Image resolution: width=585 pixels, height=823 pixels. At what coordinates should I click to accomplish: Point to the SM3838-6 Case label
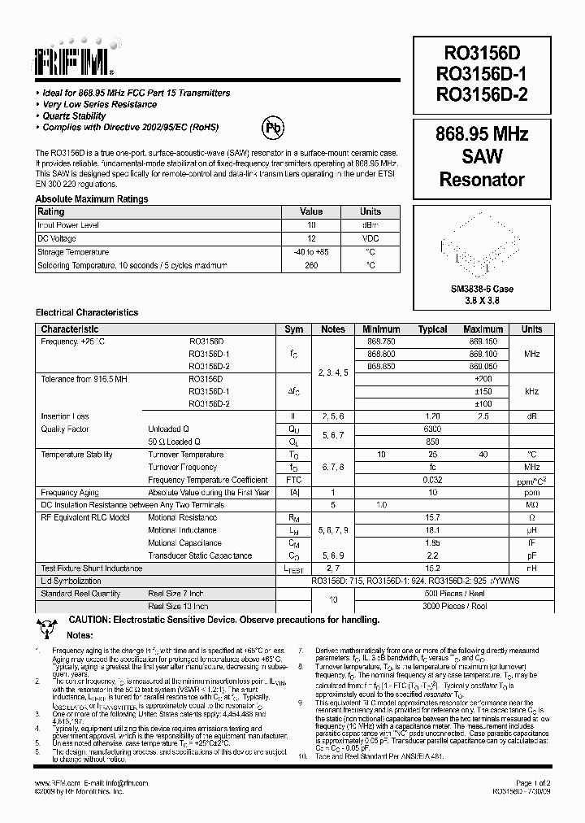[482, 289]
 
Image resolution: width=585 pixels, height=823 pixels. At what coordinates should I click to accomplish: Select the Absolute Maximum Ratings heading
[92, 198]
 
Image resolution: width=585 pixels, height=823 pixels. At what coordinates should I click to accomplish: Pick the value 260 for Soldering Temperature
[311, 265]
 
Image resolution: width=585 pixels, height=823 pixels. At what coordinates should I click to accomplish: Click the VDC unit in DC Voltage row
[370, 238]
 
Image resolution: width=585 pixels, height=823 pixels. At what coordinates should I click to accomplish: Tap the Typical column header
[432, 329]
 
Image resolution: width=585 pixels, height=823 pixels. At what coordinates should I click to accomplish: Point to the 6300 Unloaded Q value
[432, 429]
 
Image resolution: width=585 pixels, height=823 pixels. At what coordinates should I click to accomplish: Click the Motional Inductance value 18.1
[432, 530]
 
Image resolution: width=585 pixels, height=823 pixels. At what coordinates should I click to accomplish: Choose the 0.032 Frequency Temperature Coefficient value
[432, 480]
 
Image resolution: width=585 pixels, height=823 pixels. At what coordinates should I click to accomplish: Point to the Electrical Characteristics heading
[87, 312]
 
